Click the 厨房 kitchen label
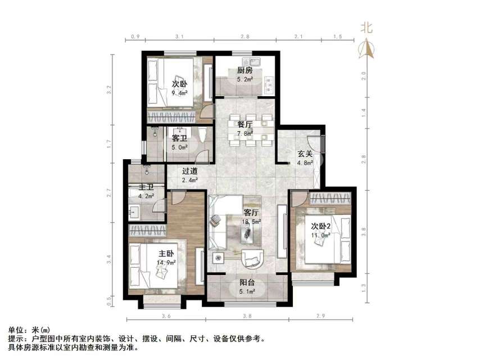244,71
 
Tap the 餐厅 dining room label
244,125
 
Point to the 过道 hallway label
189,171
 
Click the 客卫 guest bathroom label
179,138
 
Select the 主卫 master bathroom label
139,188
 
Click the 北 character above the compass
366,27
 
